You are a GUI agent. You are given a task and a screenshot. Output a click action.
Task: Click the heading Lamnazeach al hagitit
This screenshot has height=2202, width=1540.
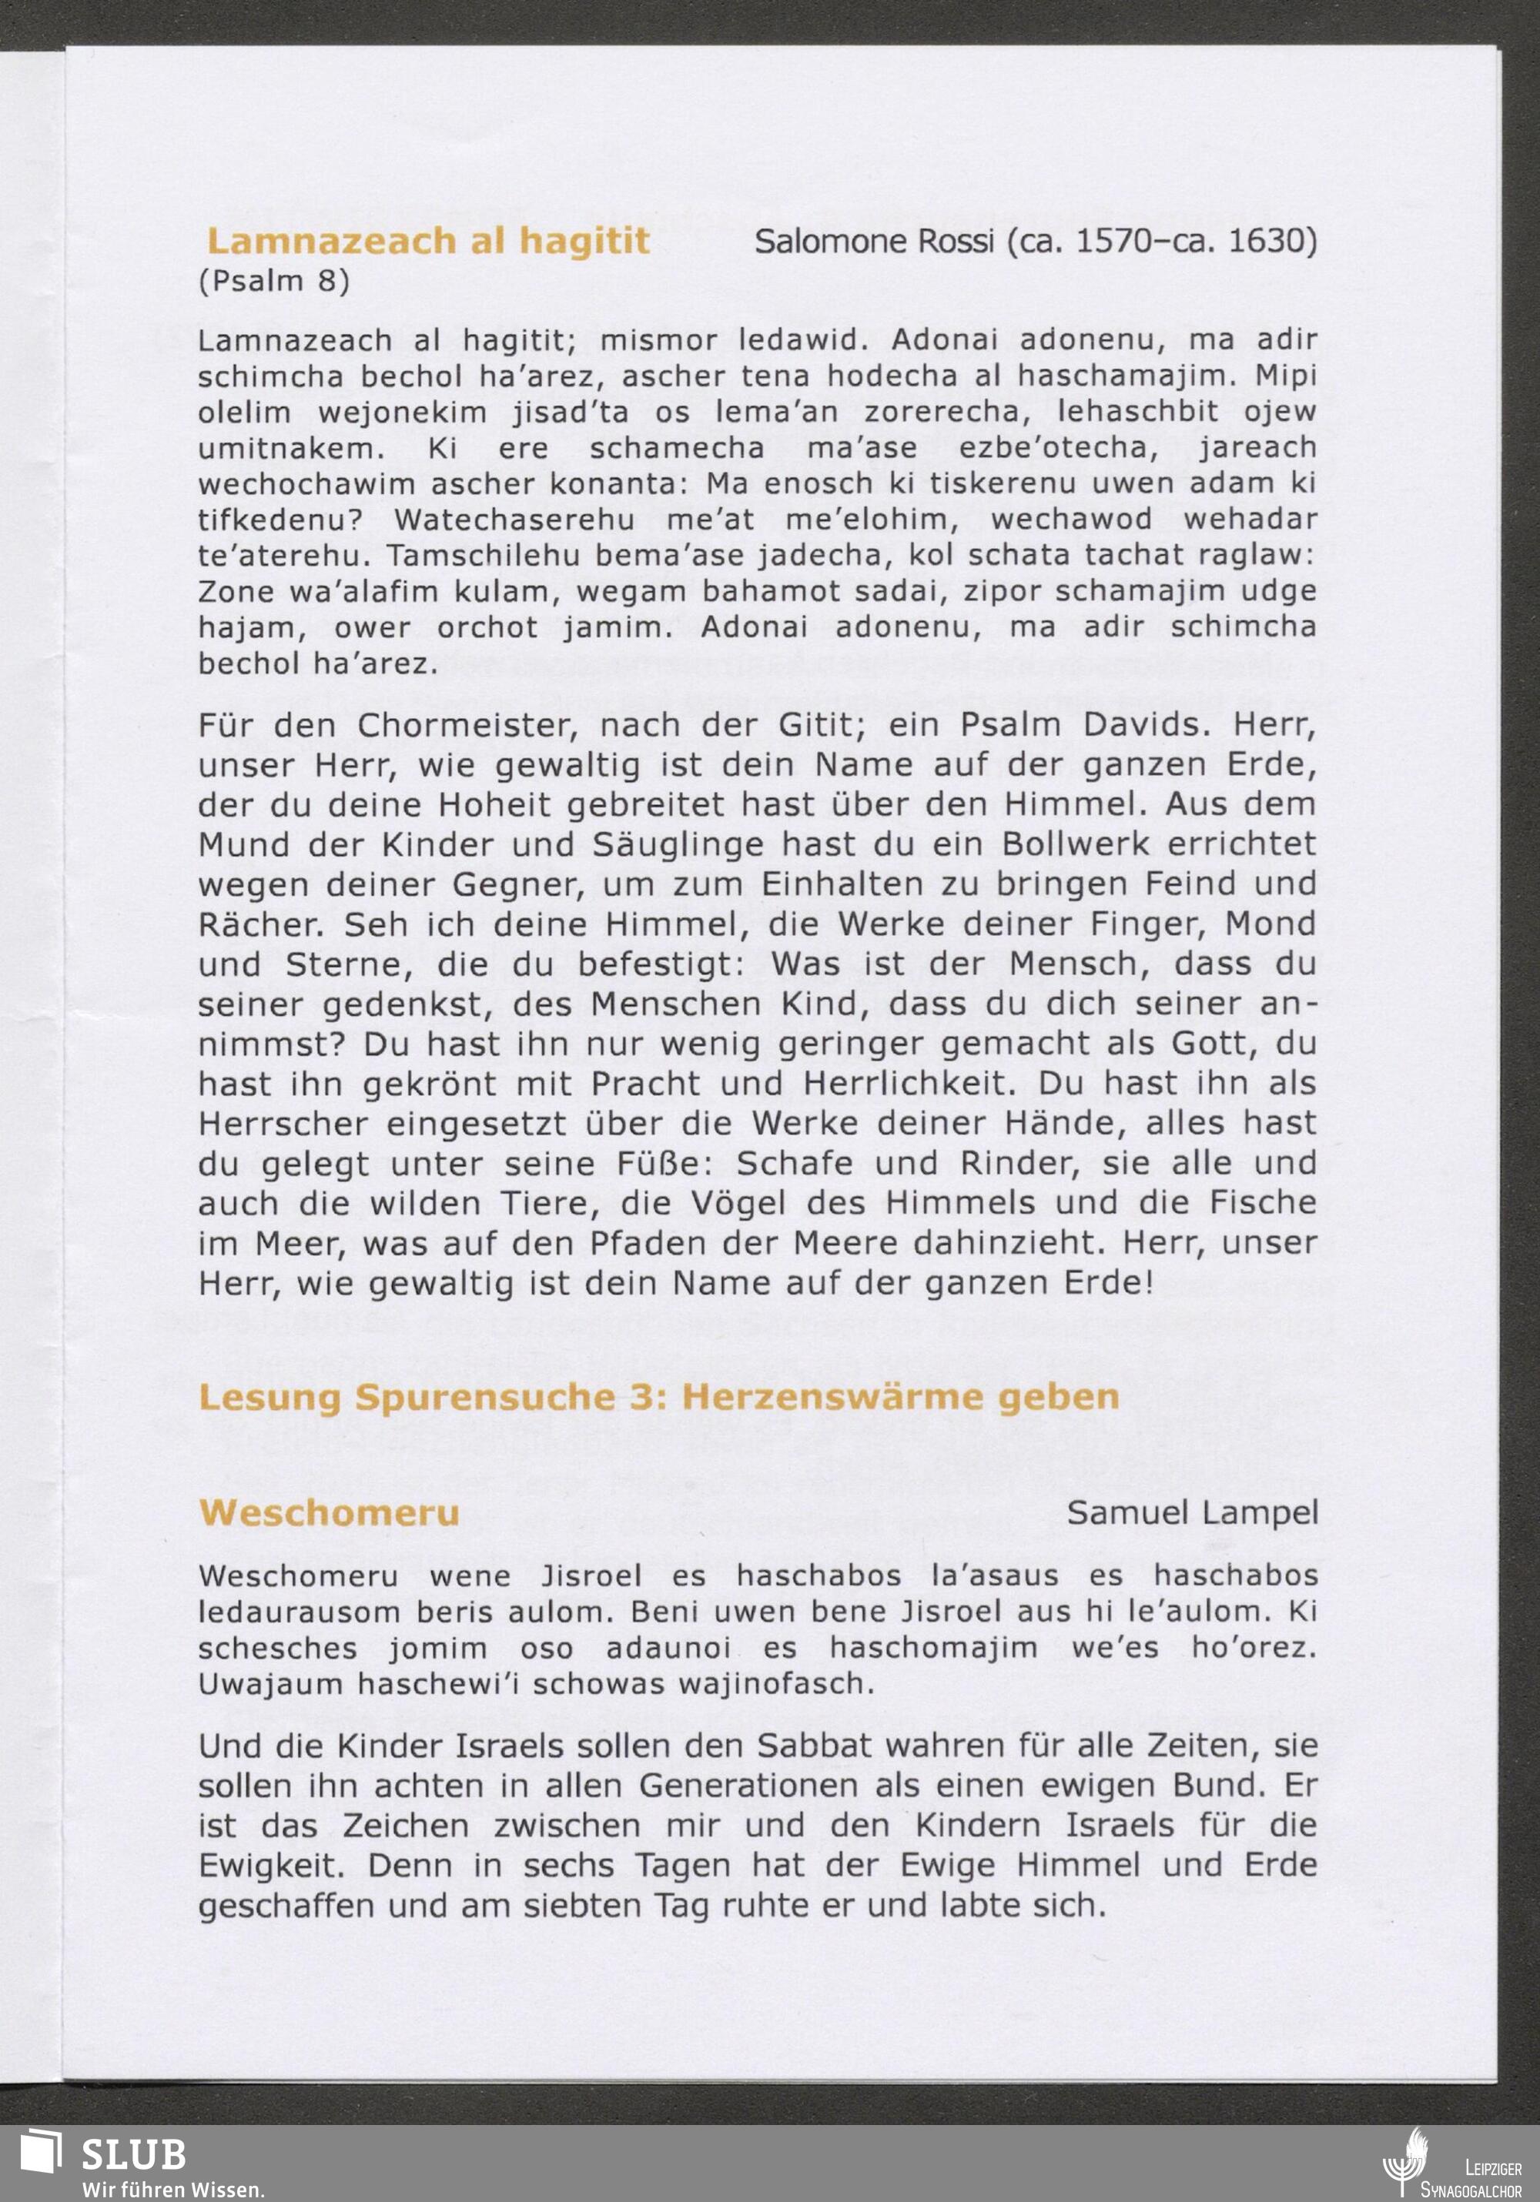tap(428, 241)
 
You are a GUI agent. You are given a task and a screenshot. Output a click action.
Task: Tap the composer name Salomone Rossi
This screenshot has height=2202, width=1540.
tap(873, 242)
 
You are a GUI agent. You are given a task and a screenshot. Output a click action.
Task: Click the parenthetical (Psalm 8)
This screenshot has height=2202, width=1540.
tap(273, 281)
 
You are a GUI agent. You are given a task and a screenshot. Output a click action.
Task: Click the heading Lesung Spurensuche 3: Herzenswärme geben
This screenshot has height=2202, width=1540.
tap(658, 1398)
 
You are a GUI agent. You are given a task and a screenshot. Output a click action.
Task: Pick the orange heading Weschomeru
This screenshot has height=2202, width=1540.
tap(329, 1512)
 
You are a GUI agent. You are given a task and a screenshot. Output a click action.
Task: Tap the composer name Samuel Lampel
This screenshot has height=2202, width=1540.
tap(1192, 1512)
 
